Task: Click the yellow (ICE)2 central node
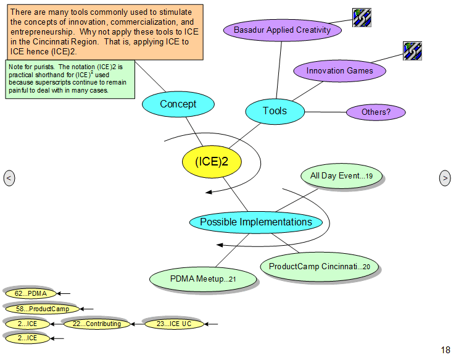tap(212, 162)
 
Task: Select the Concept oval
tap(178, 104)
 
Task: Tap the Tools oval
tap(275, 112)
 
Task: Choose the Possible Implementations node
tap(256, 222)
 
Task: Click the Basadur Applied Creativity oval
tap(283, 30)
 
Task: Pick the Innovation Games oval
tap(339, 71)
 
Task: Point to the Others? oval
tap(376, 112)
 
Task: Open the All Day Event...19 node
tap(341, 176)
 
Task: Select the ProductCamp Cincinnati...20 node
tap(319, 267)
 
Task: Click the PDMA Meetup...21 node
tap(203, 279)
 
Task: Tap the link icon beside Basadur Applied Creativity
tap(362, 18)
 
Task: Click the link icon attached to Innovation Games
tap(412, 51)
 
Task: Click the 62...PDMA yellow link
tap(31, 293)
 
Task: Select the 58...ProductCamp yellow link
tap(43, 309)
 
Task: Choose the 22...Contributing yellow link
tap(97, 324)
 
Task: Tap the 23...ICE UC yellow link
tap(174, 324)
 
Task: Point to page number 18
tap(446, 350)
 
